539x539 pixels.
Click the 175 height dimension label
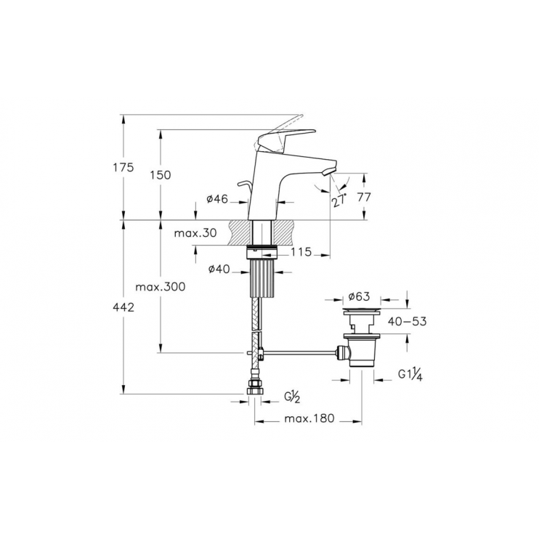[x=123, y=168]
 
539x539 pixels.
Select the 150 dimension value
[x=161, y=175]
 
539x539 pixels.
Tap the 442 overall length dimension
[x=123, y=308]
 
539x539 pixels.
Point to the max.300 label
[x=161, y=287]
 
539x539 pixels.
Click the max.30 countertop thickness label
[x=195, y=233]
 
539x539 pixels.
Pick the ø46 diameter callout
[x=217, y=199]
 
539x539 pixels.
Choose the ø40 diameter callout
[x=219, y=269]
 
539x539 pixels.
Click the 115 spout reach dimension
[x=301, y=252]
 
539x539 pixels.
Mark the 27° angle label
[x=339, y=201]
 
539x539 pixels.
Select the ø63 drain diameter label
[x=360, y=296]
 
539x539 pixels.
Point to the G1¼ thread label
[x=410, y=376]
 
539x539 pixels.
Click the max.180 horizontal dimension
[x=307, y=419]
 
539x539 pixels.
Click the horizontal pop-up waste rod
[x=298, y=354]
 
